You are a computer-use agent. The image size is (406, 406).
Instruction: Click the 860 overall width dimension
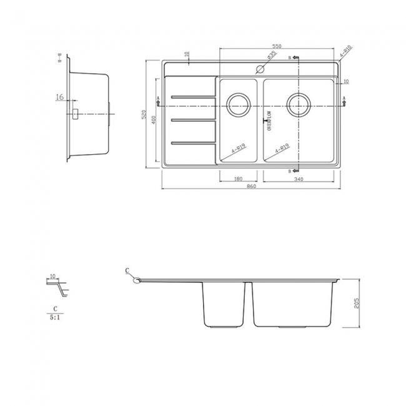click(250, 187)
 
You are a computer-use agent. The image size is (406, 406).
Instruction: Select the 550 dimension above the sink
click(276, 47)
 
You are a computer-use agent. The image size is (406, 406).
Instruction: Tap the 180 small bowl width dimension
click(238, 179)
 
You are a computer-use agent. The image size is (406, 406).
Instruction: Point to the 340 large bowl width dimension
click(299, 179)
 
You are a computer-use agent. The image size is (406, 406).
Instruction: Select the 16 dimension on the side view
click(60, 97)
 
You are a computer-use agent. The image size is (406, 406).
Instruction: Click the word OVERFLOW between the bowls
click(269, 120)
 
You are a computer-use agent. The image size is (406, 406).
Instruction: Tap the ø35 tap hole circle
click(257, 69)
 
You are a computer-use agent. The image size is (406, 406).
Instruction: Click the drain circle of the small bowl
click(238, 104)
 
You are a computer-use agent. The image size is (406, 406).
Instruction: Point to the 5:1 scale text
click(55, 317)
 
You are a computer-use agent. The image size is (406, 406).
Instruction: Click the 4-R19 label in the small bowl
click(237, 149)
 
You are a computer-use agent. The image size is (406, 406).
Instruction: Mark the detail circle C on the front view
click(136, 280)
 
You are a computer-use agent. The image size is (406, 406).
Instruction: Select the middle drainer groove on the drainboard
click(192, 119)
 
